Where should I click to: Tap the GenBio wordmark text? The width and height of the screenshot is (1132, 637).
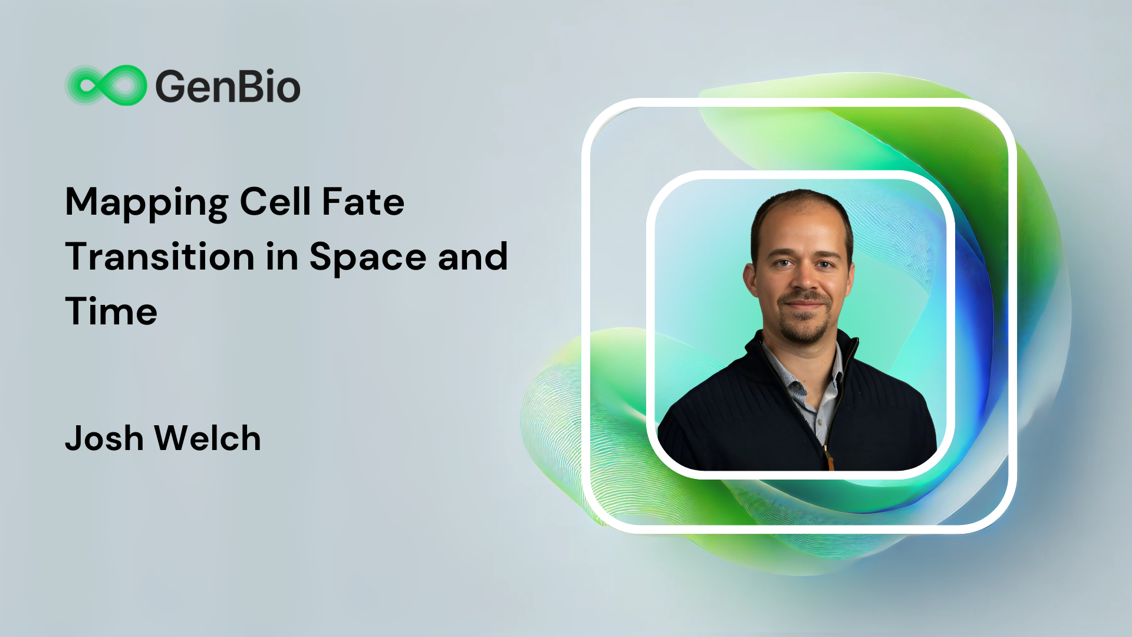[228, 86]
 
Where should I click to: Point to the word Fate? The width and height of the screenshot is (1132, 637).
[363, 202]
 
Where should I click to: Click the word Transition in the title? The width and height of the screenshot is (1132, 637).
[160, 257]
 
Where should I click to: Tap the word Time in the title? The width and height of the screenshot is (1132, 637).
[111, 311]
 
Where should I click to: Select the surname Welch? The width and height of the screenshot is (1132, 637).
[208, 438]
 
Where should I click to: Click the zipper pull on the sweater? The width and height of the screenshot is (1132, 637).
[829, 457]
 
